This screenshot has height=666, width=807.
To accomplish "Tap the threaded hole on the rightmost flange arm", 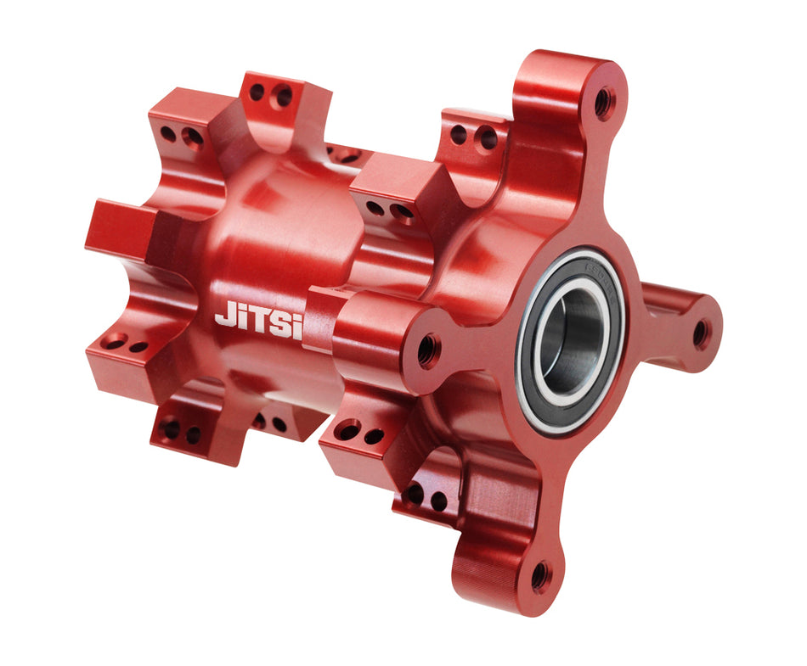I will click(x=702, y=333).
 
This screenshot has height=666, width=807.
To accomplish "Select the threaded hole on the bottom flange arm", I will click(x=539, y=576).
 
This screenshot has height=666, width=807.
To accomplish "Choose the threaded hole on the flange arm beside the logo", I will click(x=427, y=349).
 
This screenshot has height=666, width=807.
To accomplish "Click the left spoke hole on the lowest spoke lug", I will click(x=415, y=493).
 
